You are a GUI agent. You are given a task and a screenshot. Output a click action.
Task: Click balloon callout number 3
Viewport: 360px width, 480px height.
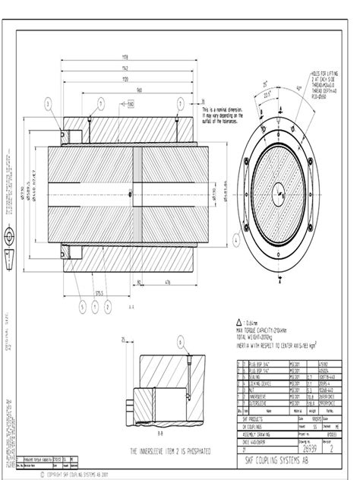[48, 102]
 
